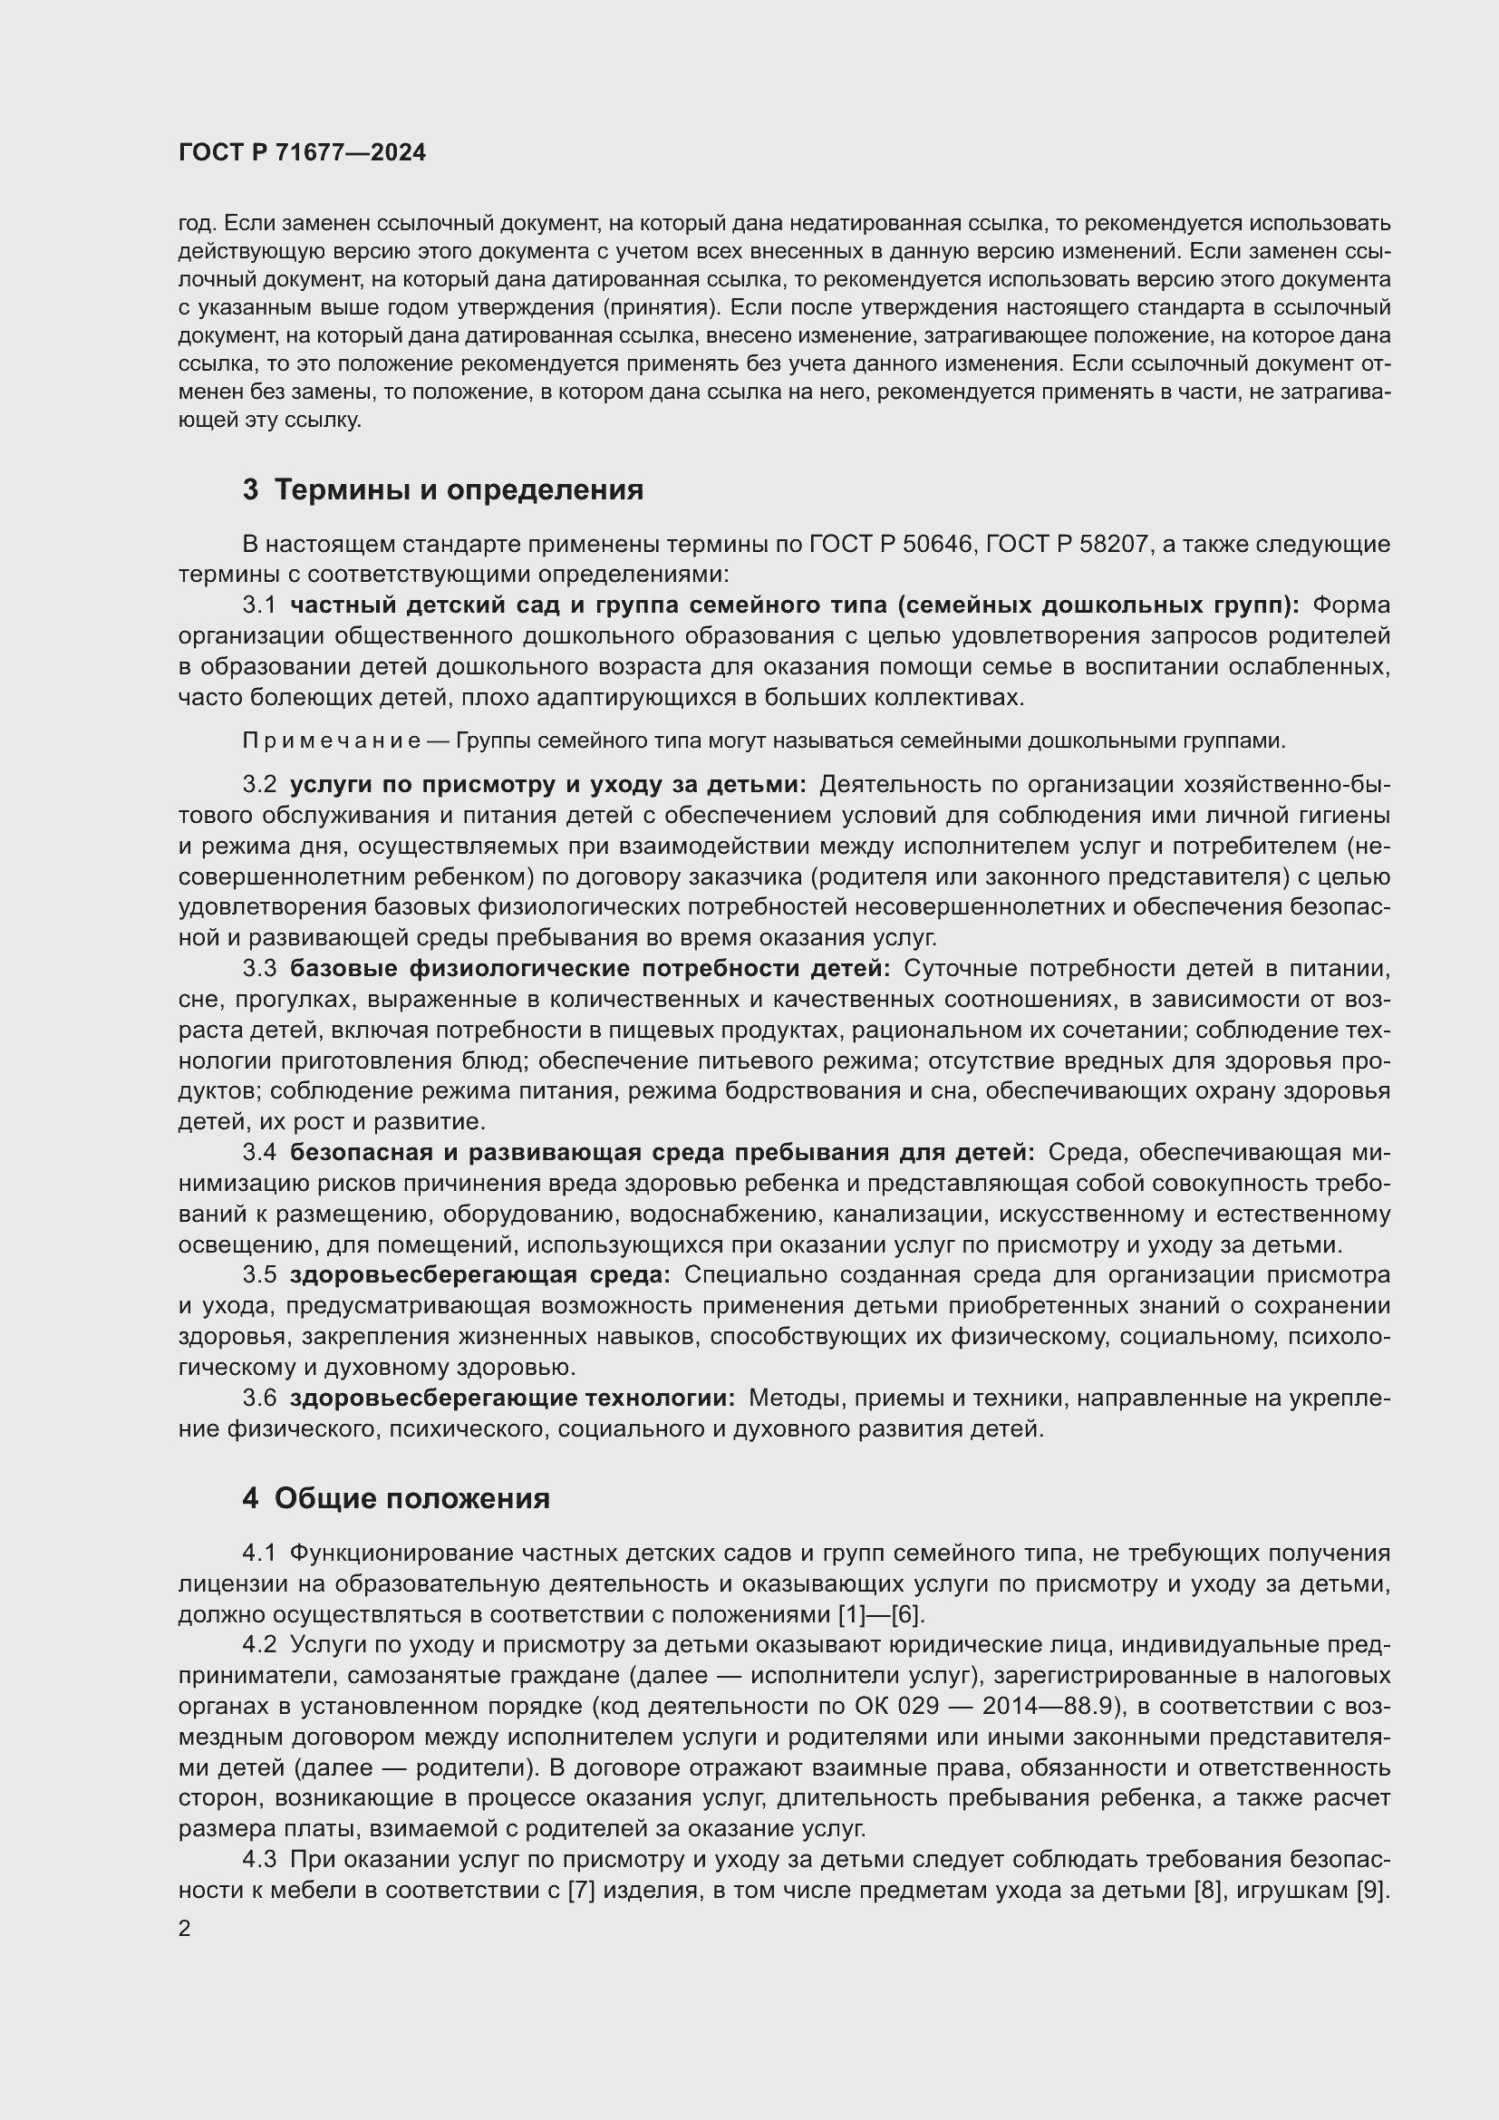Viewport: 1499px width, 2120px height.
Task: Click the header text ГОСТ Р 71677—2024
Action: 302,153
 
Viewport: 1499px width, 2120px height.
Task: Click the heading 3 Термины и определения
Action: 443,489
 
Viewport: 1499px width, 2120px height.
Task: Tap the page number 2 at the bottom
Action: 185,1928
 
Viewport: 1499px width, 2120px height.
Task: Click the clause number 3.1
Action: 259,605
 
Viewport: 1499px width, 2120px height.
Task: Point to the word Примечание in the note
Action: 332,741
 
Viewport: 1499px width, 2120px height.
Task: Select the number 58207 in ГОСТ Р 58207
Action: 1115,545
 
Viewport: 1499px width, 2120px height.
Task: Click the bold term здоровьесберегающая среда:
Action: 481,1275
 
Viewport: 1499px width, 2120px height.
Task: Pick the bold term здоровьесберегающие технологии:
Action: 512,1398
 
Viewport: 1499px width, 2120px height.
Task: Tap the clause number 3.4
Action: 259,1152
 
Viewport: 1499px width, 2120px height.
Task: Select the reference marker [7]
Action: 580,1890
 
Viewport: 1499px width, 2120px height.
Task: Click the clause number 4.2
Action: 259,1644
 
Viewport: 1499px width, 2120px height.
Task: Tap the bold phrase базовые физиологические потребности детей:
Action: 590,969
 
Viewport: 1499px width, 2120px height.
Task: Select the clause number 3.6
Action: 259,1398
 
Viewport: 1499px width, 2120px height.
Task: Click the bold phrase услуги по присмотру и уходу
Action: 480,785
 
